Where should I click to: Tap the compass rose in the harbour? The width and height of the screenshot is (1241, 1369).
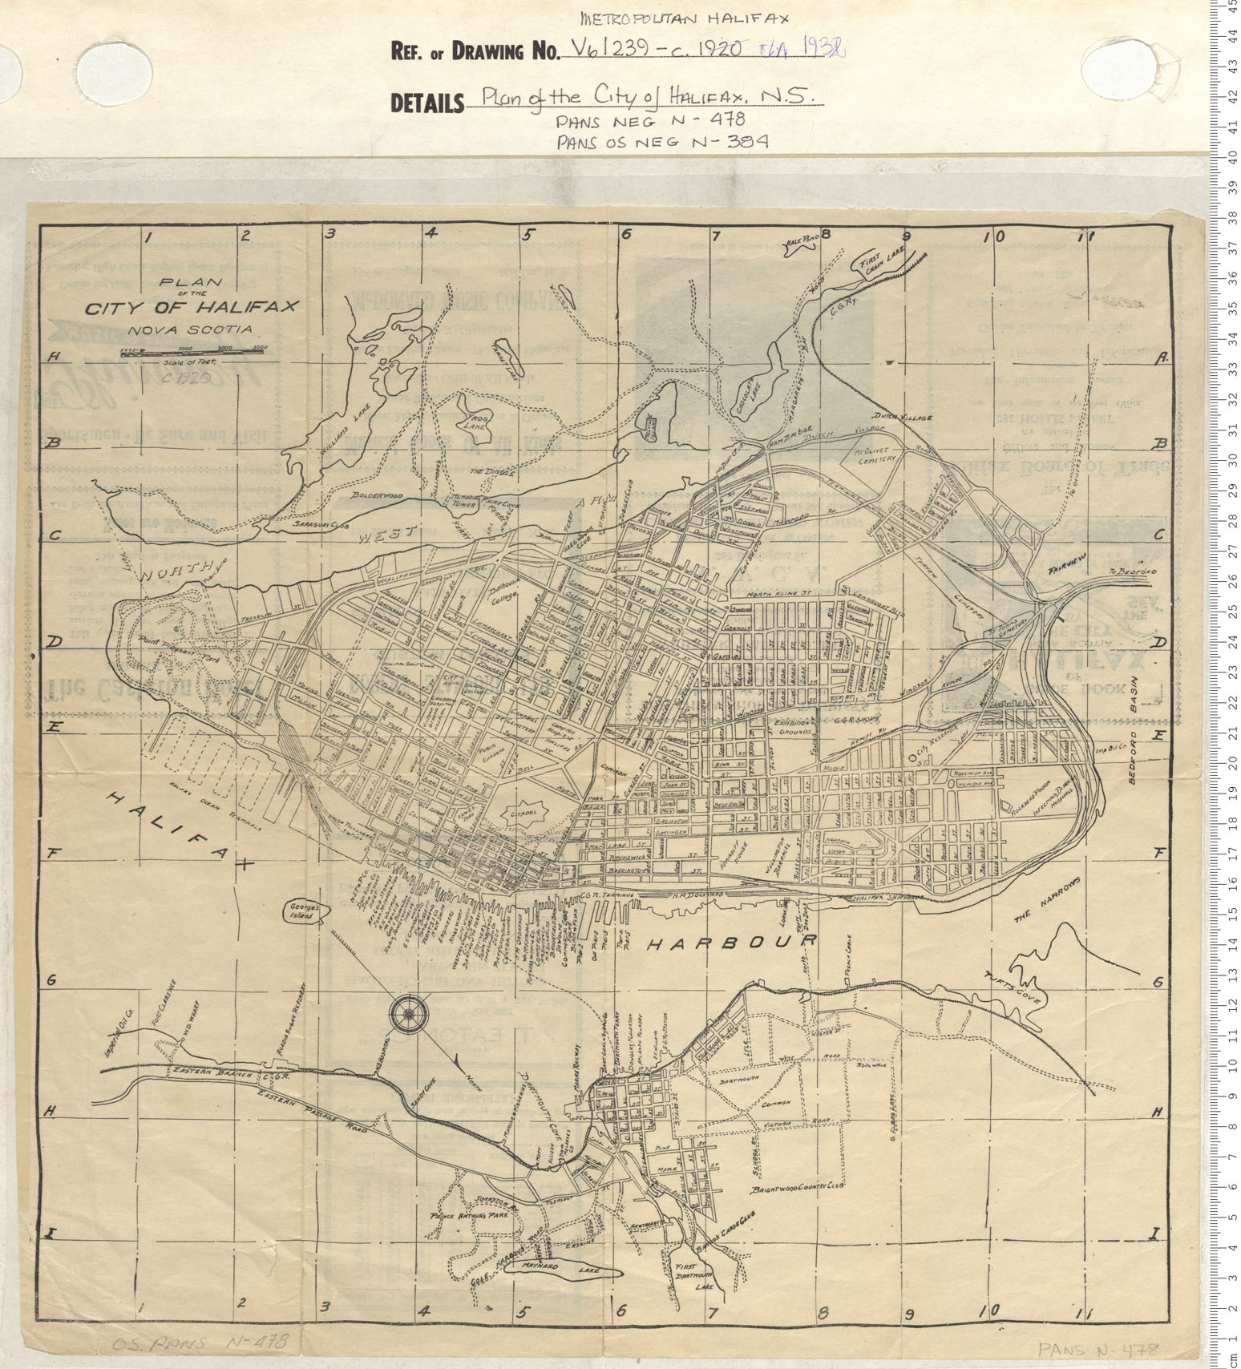tap(409, 1013)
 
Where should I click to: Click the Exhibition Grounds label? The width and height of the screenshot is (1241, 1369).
tap(792, 725)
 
